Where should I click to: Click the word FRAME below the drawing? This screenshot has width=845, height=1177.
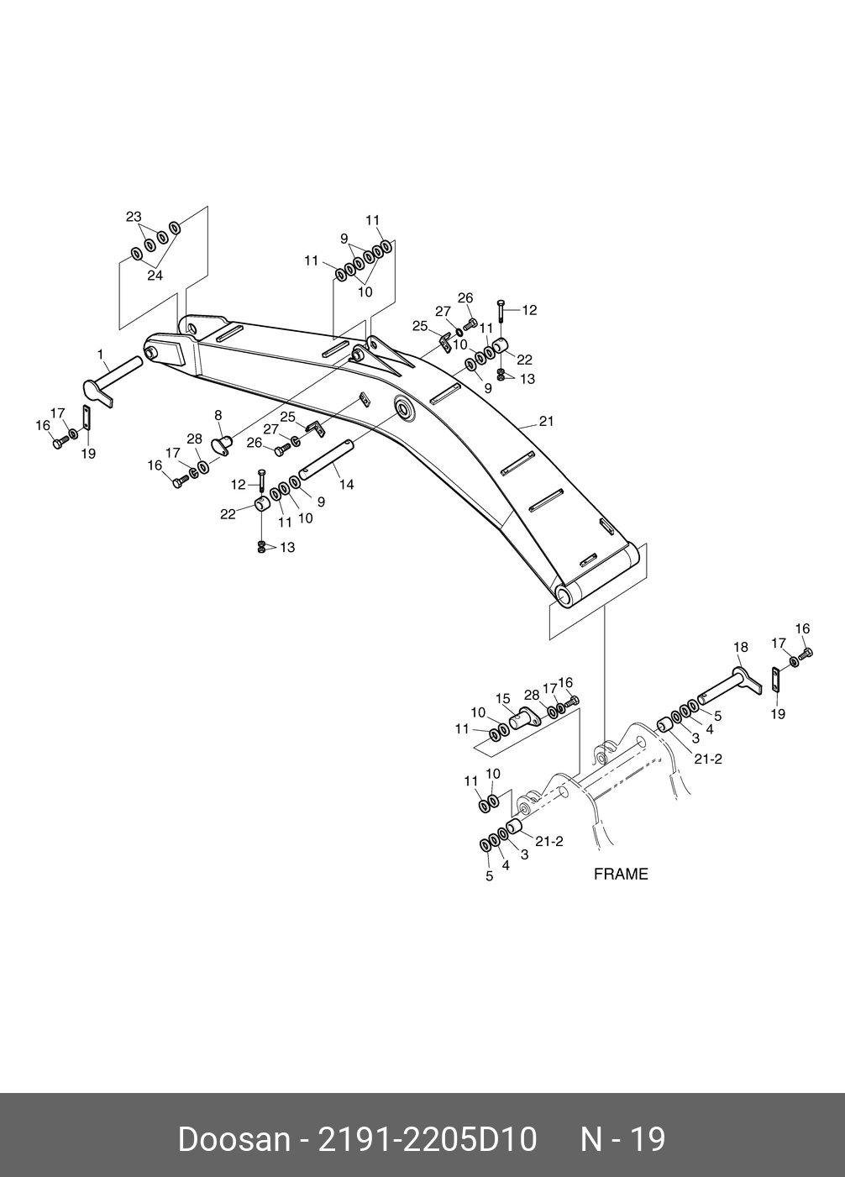621,874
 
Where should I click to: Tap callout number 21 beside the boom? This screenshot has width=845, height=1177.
547,422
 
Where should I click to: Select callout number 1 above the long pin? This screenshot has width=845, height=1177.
101,355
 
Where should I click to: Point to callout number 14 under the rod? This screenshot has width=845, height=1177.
347,485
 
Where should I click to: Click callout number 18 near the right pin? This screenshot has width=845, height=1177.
740,647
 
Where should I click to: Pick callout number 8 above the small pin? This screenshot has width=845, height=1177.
218,415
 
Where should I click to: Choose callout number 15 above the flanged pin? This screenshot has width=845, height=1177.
503,698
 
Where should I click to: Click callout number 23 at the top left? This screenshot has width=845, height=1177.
134,217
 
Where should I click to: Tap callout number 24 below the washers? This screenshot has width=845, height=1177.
155,275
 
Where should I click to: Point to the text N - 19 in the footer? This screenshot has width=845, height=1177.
623,1140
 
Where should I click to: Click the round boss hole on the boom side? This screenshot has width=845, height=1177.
404,411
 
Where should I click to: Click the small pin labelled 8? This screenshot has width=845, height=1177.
223,442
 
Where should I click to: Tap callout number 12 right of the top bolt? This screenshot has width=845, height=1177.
529,310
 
